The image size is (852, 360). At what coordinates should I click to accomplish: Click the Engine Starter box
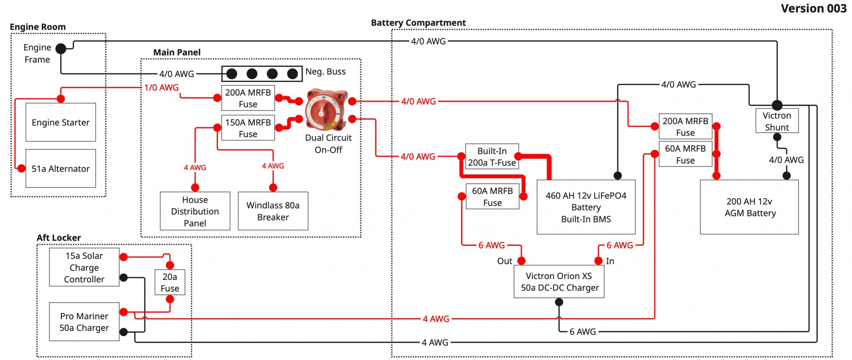tap(60, 122)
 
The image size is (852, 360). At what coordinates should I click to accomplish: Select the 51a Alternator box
tap(60, 168)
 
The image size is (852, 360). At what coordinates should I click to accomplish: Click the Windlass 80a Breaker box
tap(273, 211)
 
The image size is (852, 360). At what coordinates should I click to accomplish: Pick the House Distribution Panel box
tap(195, 211)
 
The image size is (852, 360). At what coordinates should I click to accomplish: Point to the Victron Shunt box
tap(777, 121)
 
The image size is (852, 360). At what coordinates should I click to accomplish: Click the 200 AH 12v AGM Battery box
tap(749, 207)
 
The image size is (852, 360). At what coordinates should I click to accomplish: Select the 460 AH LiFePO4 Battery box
tap(586, 207)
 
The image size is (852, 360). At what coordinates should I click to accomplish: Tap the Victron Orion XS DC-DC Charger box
tap(559, 282)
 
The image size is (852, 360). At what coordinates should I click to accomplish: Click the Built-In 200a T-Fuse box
tap(492, 156)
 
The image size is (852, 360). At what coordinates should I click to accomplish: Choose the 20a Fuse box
tap(170, 282)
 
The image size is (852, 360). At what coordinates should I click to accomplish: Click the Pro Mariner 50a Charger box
tap(84, 322)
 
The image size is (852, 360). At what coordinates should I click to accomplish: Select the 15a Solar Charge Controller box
tap(84, 267)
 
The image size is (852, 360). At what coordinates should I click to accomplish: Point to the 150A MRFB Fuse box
tap(248, 128)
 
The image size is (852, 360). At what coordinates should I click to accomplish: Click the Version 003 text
tap(814, 9)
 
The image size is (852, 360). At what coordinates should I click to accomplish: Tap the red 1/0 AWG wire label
tap(161, 87)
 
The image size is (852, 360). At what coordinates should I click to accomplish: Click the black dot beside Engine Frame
tap(61, 49)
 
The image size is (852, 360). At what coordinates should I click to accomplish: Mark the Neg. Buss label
tap(325, 72)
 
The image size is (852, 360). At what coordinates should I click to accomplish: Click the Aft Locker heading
tap(59, 238)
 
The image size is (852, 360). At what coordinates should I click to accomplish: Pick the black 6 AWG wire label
tap(583, 331)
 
